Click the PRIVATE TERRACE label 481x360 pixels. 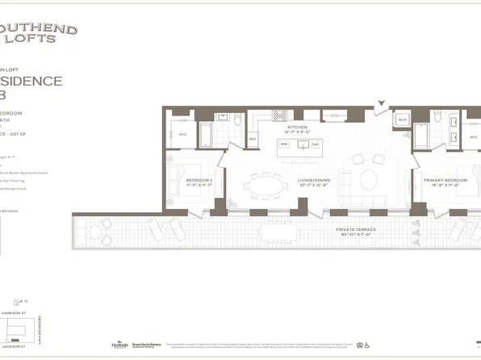(x=359, y=231)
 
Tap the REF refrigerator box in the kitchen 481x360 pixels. (x=253, y=138)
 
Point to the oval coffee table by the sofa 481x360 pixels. (x=367, y=177)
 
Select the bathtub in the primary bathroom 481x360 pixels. (x=423, y=134)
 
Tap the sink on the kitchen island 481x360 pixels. (x=300, y=146)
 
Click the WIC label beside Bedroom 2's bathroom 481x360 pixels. (x=183, y=134)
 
